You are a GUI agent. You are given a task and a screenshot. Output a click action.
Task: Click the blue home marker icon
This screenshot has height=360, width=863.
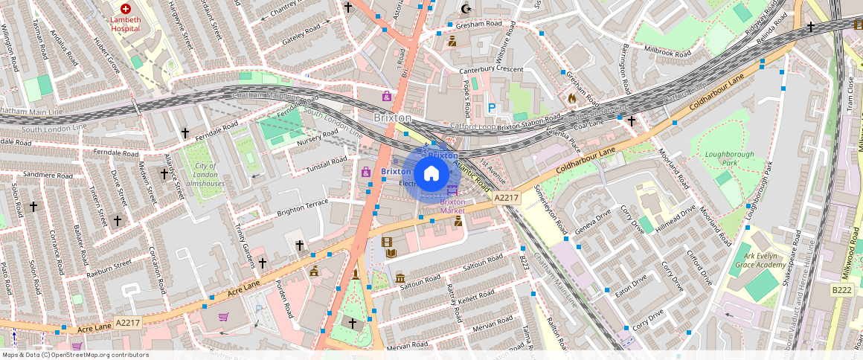[x=431, y=174]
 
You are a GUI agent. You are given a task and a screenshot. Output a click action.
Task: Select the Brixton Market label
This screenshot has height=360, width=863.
[x=452, y=206]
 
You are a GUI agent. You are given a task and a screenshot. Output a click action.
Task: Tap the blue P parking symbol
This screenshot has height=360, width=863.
[x=491, y=108]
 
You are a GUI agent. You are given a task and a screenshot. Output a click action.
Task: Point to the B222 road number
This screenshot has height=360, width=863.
[x=841, y=289]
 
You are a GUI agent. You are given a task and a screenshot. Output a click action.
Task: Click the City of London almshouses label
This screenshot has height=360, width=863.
[x=200, y=175]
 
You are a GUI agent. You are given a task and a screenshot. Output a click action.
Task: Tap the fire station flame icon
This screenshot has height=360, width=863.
[x=571, y=97]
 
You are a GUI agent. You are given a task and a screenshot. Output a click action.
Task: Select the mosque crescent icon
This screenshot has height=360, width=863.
[x=466, y=9]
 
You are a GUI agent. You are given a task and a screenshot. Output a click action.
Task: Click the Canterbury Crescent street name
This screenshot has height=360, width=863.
[x=491, y=70]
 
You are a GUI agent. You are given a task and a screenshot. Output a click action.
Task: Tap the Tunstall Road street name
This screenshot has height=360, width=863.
[x=327, y=165]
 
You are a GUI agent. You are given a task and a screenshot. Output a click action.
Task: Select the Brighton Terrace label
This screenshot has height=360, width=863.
[x=302, y=208]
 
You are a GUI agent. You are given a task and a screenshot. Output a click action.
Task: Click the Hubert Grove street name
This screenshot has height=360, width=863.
[x=106, y=57]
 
